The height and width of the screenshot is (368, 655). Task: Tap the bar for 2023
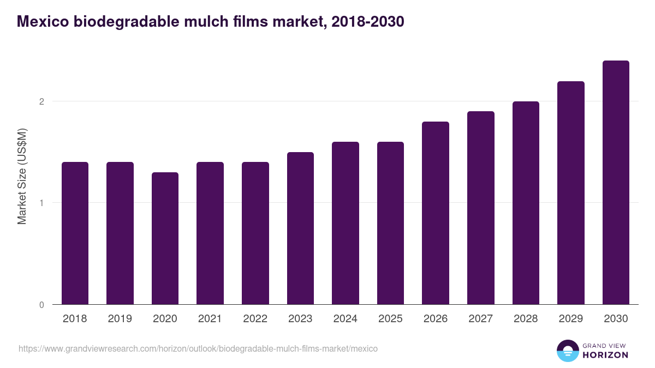tap(300, 228)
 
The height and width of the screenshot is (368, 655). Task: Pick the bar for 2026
tap(436, 213)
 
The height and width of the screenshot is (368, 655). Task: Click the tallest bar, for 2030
tap(616, 183)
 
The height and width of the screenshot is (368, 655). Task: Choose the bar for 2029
tap(571, 193)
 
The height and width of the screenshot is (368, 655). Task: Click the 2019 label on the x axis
tap(120, 319)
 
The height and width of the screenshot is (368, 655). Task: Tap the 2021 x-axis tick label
tap(210, 319)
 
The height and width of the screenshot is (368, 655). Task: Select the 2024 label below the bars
tap(346, 319)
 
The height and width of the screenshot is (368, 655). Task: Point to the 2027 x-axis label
tap(481, 319)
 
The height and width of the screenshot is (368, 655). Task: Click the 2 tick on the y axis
tap(41, 101)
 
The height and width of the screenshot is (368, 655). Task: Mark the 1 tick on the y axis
tap(41, 203)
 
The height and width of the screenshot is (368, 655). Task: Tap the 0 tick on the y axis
tap(41, 305)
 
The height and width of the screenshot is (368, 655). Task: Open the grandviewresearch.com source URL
tap(198, 348)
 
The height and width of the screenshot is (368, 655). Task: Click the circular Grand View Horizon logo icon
tap(568, 351)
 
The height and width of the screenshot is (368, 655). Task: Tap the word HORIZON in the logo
tap(605, 355)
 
